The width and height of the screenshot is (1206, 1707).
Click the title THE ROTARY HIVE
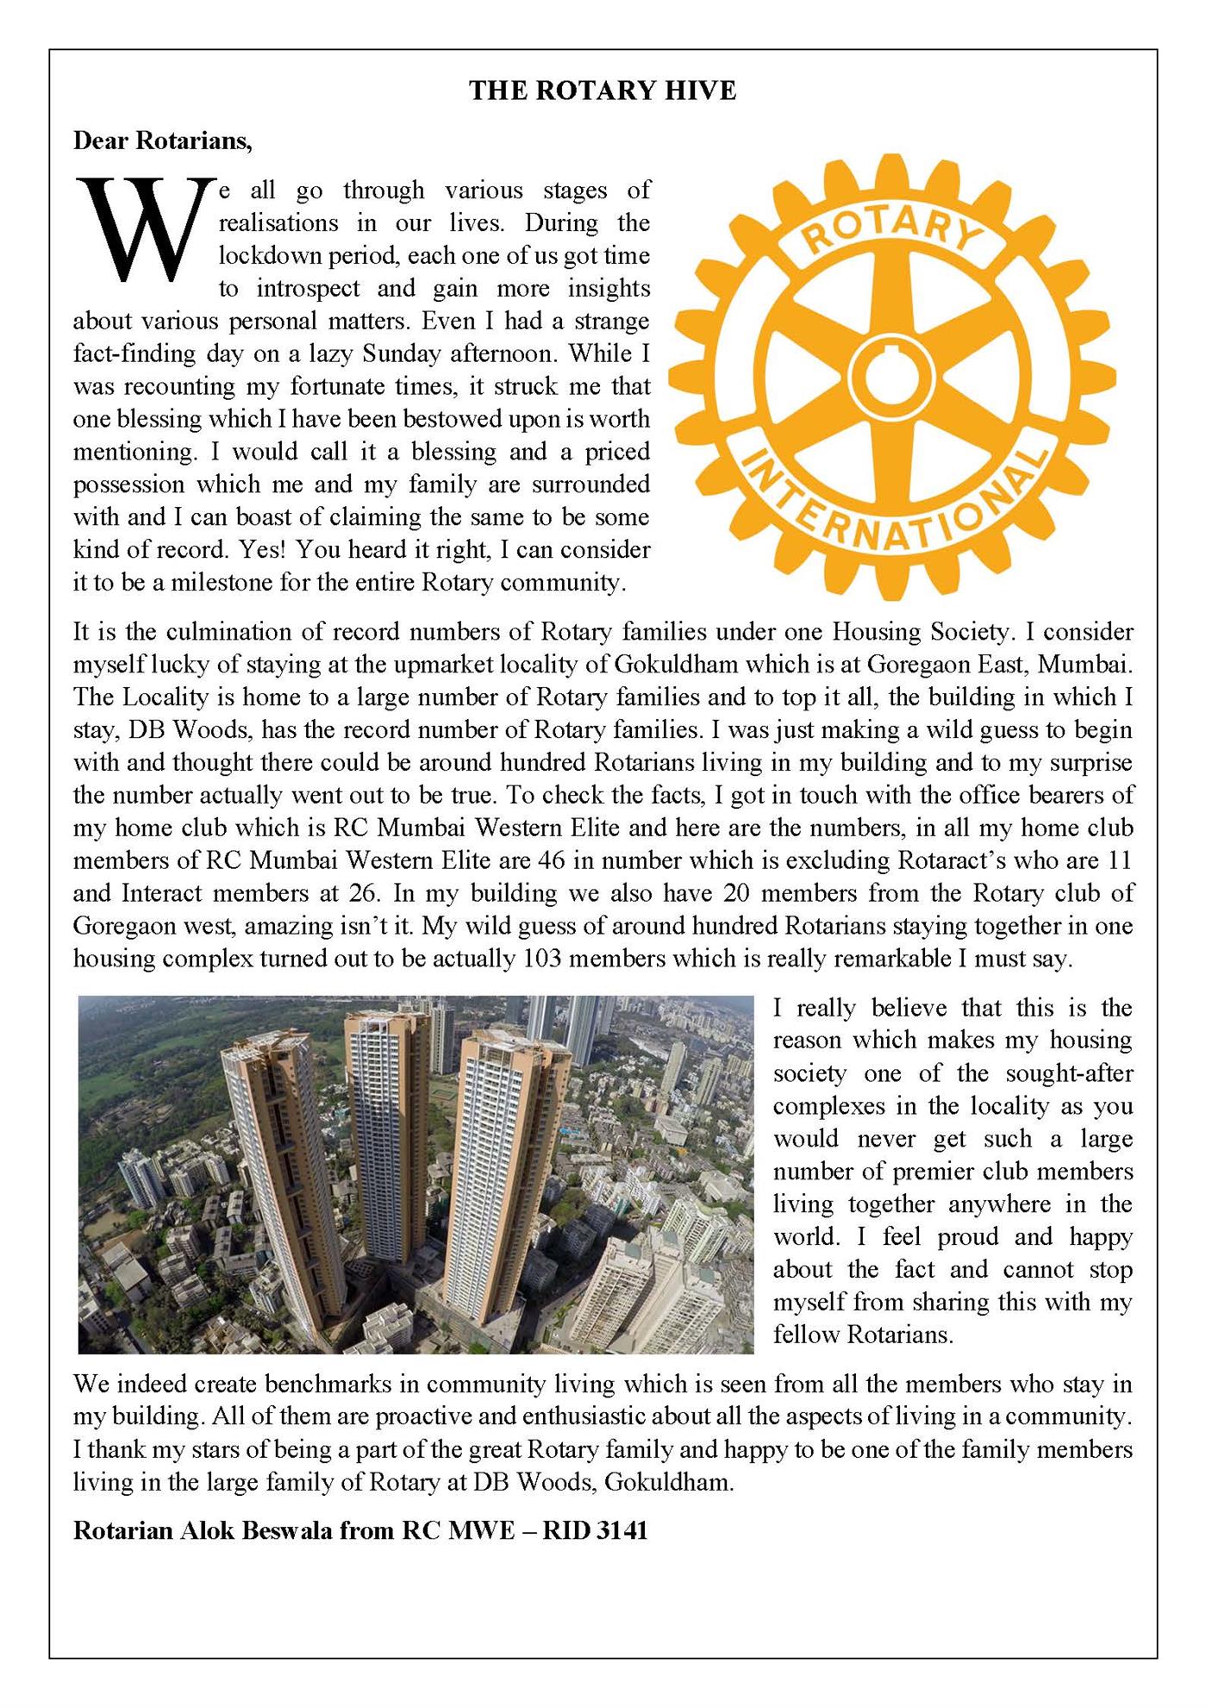pos(603,91)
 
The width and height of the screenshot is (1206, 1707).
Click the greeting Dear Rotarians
pos(162,141)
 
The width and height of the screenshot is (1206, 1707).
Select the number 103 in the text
pos(543,959)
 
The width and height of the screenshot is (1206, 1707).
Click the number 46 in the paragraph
pos(552,860)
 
